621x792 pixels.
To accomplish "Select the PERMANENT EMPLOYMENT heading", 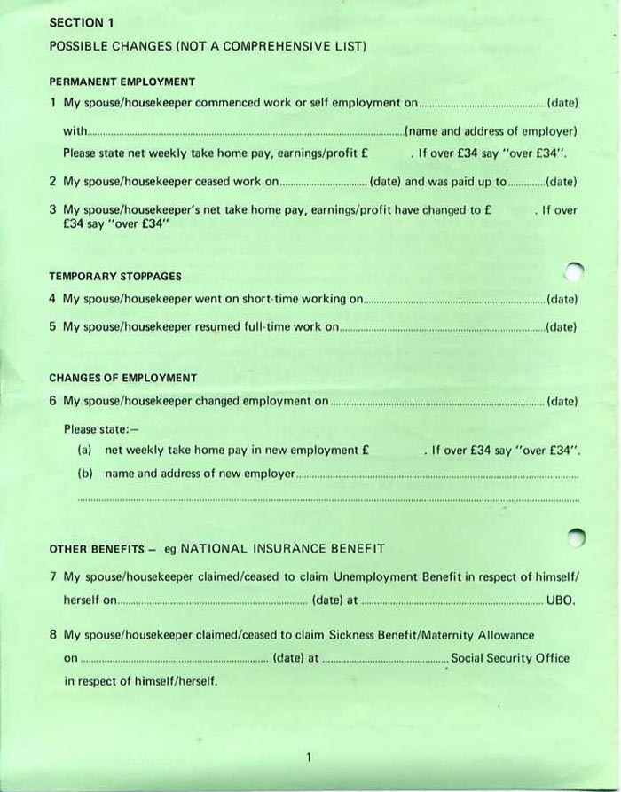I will (x=122, y=82).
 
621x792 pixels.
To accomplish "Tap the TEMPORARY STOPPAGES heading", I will (x=115, y=277).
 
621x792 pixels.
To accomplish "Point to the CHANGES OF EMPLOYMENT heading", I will (x=122, y=378).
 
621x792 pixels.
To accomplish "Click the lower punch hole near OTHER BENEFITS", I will (x=576, y=537).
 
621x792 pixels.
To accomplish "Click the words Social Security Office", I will (x=510, y=659).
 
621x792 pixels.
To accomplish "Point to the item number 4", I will (x=53, y=299).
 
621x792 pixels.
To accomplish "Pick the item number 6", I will (x=53, y=401).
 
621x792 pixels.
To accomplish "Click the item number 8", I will (x=53, y=635).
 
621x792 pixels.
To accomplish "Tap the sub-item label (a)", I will (x=85, y=451).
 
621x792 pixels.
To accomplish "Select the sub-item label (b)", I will (x=85, y=474).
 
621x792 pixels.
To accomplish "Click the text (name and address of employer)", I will (x=491, y=131).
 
